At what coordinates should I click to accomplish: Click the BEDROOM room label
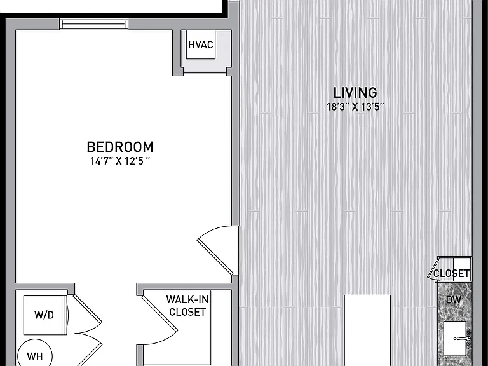120,147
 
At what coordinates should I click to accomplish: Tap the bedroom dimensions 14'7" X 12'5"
120,161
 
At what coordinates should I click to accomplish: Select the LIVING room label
355,93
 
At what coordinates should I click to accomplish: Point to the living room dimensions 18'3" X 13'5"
355,107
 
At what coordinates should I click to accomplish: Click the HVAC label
201,45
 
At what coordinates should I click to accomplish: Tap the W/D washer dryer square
45,315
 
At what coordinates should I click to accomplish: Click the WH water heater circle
35,355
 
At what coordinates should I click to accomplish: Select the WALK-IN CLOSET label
187,305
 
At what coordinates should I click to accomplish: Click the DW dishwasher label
453,300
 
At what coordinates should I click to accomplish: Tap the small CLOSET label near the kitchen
451,274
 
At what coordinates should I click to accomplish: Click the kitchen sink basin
454,338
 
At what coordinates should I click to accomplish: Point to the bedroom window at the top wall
93,24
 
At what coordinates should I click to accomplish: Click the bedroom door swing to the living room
218,249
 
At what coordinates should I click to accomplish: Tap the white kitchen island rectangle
367,330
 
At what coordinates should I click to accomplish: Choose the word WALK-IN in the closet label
187,299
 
